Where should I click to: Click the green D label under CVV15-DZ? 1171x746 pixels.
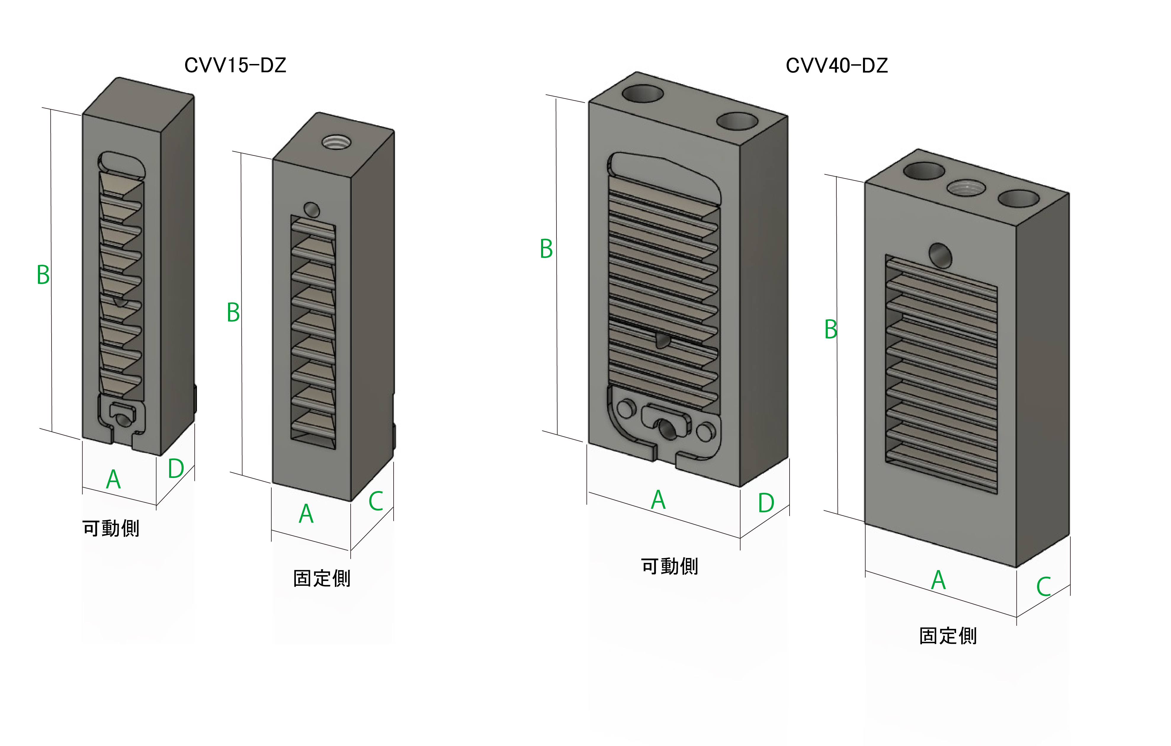click(176, 469)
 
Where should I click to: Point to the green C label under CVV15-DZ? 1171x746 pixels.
click(376, 501)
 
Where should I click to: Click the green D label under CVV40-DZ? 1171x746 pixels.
click(766, 503)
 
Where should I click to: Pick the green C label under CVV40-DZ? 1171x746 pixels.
click(1044, 586)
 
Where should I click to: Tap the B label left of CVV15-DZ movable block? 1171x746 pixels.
click(43, 275)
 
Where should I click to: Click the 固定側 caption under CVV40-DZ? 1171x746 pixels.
click(948, 636)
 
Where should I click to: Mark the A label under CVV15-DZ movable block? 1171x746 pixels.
click(113, 479)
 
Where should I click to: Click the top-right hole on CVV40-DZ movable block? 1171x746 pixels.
click(737, 121)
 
